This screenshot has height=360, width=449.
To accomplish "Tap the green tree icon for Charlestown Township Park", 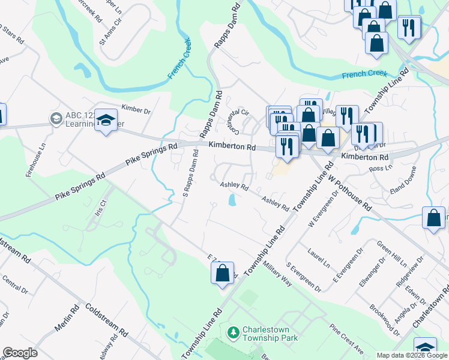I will pyautogui.click(x=232, y=331).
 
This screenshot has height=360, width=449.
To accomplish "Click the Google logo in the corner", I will pyautogui.click(x=20, y=353).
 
